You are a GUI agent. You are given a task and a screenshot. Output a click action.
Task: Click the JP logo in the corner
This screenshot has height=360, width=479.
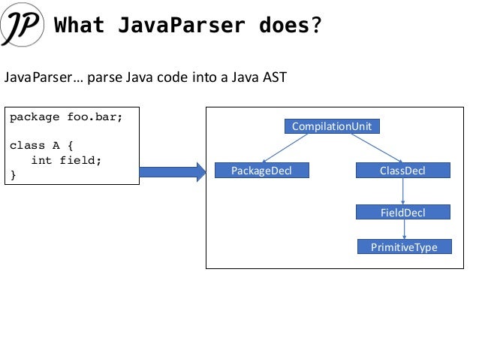coord(25,26)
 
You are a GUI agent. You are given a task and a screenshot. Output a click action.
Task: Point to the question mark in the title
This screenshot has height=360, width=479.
coord(316,26)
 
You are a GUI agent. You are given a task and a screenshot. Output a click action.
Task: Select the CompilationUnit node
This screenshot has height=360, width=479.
coord(331,126)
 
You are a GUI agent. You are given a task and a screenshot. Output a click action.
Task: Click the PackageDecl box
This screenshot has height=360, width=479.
coord(262,171)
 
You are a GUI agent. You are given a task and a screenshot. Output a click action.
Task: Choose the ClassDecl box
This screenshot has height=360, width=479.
coord(402,171)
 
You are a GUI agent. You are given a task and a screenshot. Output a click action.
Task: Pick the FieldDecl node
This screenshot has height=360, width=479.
coord(402,212)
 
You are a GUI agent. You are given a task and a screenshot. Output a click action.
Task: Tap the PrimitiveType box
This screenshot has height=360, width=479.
coord(404,247)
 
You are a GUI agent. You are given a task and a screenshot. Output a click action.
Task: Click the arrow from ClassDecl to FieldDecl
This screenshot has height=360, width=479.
coord(404,192)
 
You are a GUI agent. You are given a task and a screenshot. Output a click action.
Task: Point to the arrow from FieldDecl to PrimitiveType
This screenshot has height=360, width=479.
coord(404,230)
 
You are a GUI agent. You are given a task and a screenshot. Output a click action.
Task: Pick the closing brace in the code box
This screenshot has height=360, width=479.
coord(13,175)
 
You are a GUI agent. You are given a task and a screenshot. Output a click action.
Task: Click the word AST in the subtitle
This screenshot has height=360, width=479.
coord(273,77)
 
